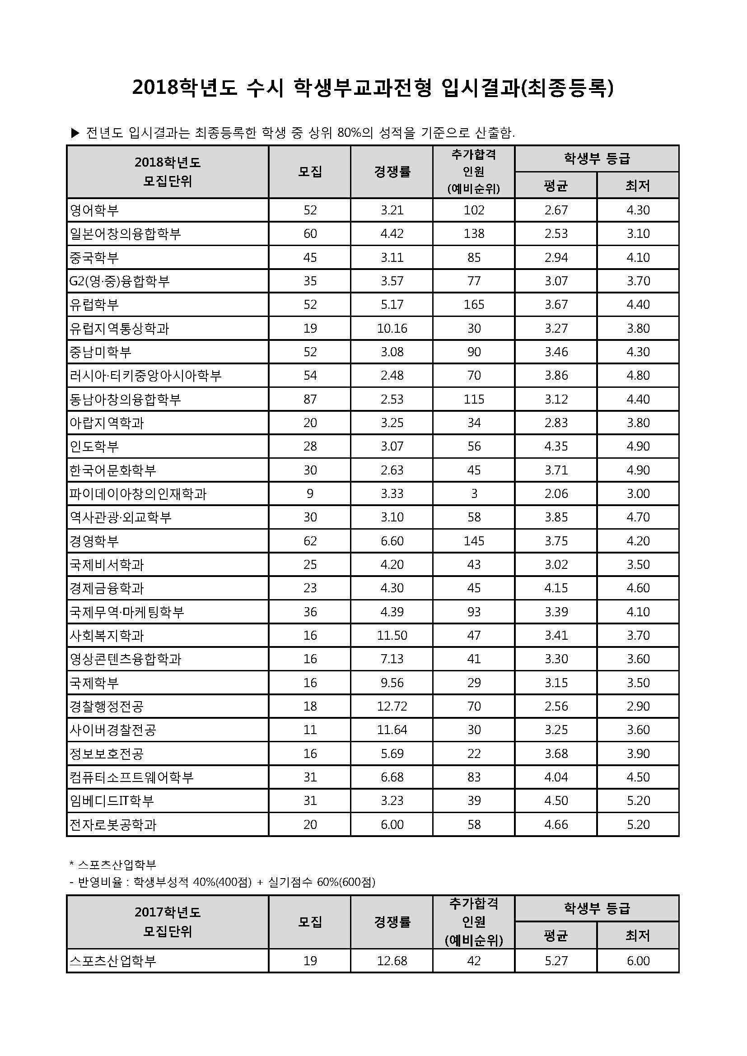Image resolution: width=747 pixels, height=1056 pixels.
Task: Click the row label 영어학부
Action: pyautogui.click(x=94, y=210)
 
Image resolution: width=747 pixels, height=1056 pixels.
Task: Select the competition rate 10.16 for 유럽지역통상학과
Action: pyautogui.click(x=392, y=328)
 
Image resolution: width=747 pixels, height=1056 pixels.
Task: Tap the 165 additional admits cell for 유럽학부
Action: pyautogui.click(x=474, y=304)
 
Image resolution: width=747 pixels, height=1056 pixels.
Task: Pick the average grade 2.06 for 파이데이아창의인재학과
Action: pyautogui.click(x=556, y=493)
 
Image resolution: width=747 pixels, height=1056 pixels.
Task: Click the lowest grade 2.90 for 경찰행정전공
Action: pyautogui.click(x=638, y=706)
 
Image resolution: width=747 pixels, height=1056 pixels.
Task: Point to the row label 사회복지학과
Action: pyautogui.click(x=107, y=635)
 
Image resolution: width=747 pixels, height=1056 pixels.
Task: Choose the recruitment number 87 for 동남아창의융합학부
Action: pyautogui.click(x=309, y=399)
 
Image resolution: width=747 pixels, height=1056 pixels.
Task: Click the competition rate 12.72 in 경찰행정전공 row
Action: pyautogui.click(x=392, y=706)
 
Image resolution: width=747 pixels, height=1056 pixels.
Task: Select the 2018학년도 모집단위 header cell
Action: pyautogui.click(x=168, y=172)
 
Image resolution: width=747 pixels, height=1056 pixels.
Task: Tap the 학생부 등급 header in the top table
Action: pyautogui.click(x=597, y=158)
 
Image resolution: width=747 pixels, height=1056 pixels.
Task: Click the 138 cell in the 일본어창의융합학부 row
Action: pyautogui.click(x=474, y=234)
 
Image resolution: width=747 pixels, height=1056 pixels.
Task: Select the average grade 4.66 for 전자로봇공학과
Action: pyautogui.click(x=556, y=824)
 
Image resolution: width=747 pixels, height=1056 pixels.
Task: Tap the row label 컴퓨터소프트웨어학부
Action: pyautogui.click(x=131, y=777)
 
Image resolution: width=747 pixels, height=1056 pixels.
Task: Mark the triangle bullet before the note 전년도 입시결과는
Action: pyautogui.click(x=75, y=133)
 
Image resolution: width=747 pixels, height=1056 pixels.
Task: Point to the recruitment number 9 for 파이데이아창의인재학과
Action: pyautogui.click(x=309, y=493)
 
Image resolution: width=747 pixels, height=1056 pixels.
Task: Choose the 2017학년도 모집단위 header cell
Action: pyautogui.click(x=168, y=922)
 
